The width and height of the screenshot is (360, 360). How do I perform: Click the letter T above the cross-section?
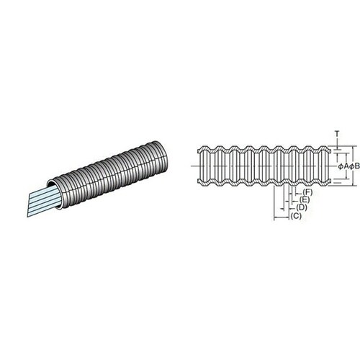pyautogui.click(x=337, y=134)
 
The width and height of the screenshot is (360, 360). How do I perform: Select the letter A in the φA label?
pyautogui.click(x=346, y=166)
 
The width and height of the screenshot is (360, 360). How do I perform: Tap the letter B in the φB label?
pyautogui.click(x=357, y=166)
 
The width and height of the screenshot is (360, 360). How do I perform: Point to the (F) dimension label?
pyautogui.click(x=307, y=192)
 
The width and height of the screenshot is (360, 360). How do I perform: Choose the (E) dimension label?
pyautogui.click(x=305, y=199)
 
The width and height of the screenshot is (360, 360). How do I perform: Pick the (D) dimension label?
pyautogui.click(x=302, y=207)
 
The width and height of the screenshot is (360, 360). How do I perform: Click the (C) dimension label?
pyautogui.click(x=296, y=216)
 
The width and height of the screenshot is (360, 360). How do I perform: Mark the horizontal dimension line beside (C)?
pyautogui.click(x=282, y=217)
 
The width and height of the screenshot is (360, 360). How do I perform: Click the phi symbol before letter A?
pyautogui.click(x=341, y=166)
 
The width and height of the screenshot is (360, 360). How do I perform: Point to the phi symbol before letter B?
pyautogui.click(x=351, y=166)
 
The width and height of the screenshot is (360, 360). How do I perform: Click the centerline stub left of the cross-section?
pyautogui.click(x=195, y=166)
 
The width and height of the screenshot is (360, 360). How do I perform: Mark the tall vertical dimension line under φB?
pyautogui.click(x=353, y=166)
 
